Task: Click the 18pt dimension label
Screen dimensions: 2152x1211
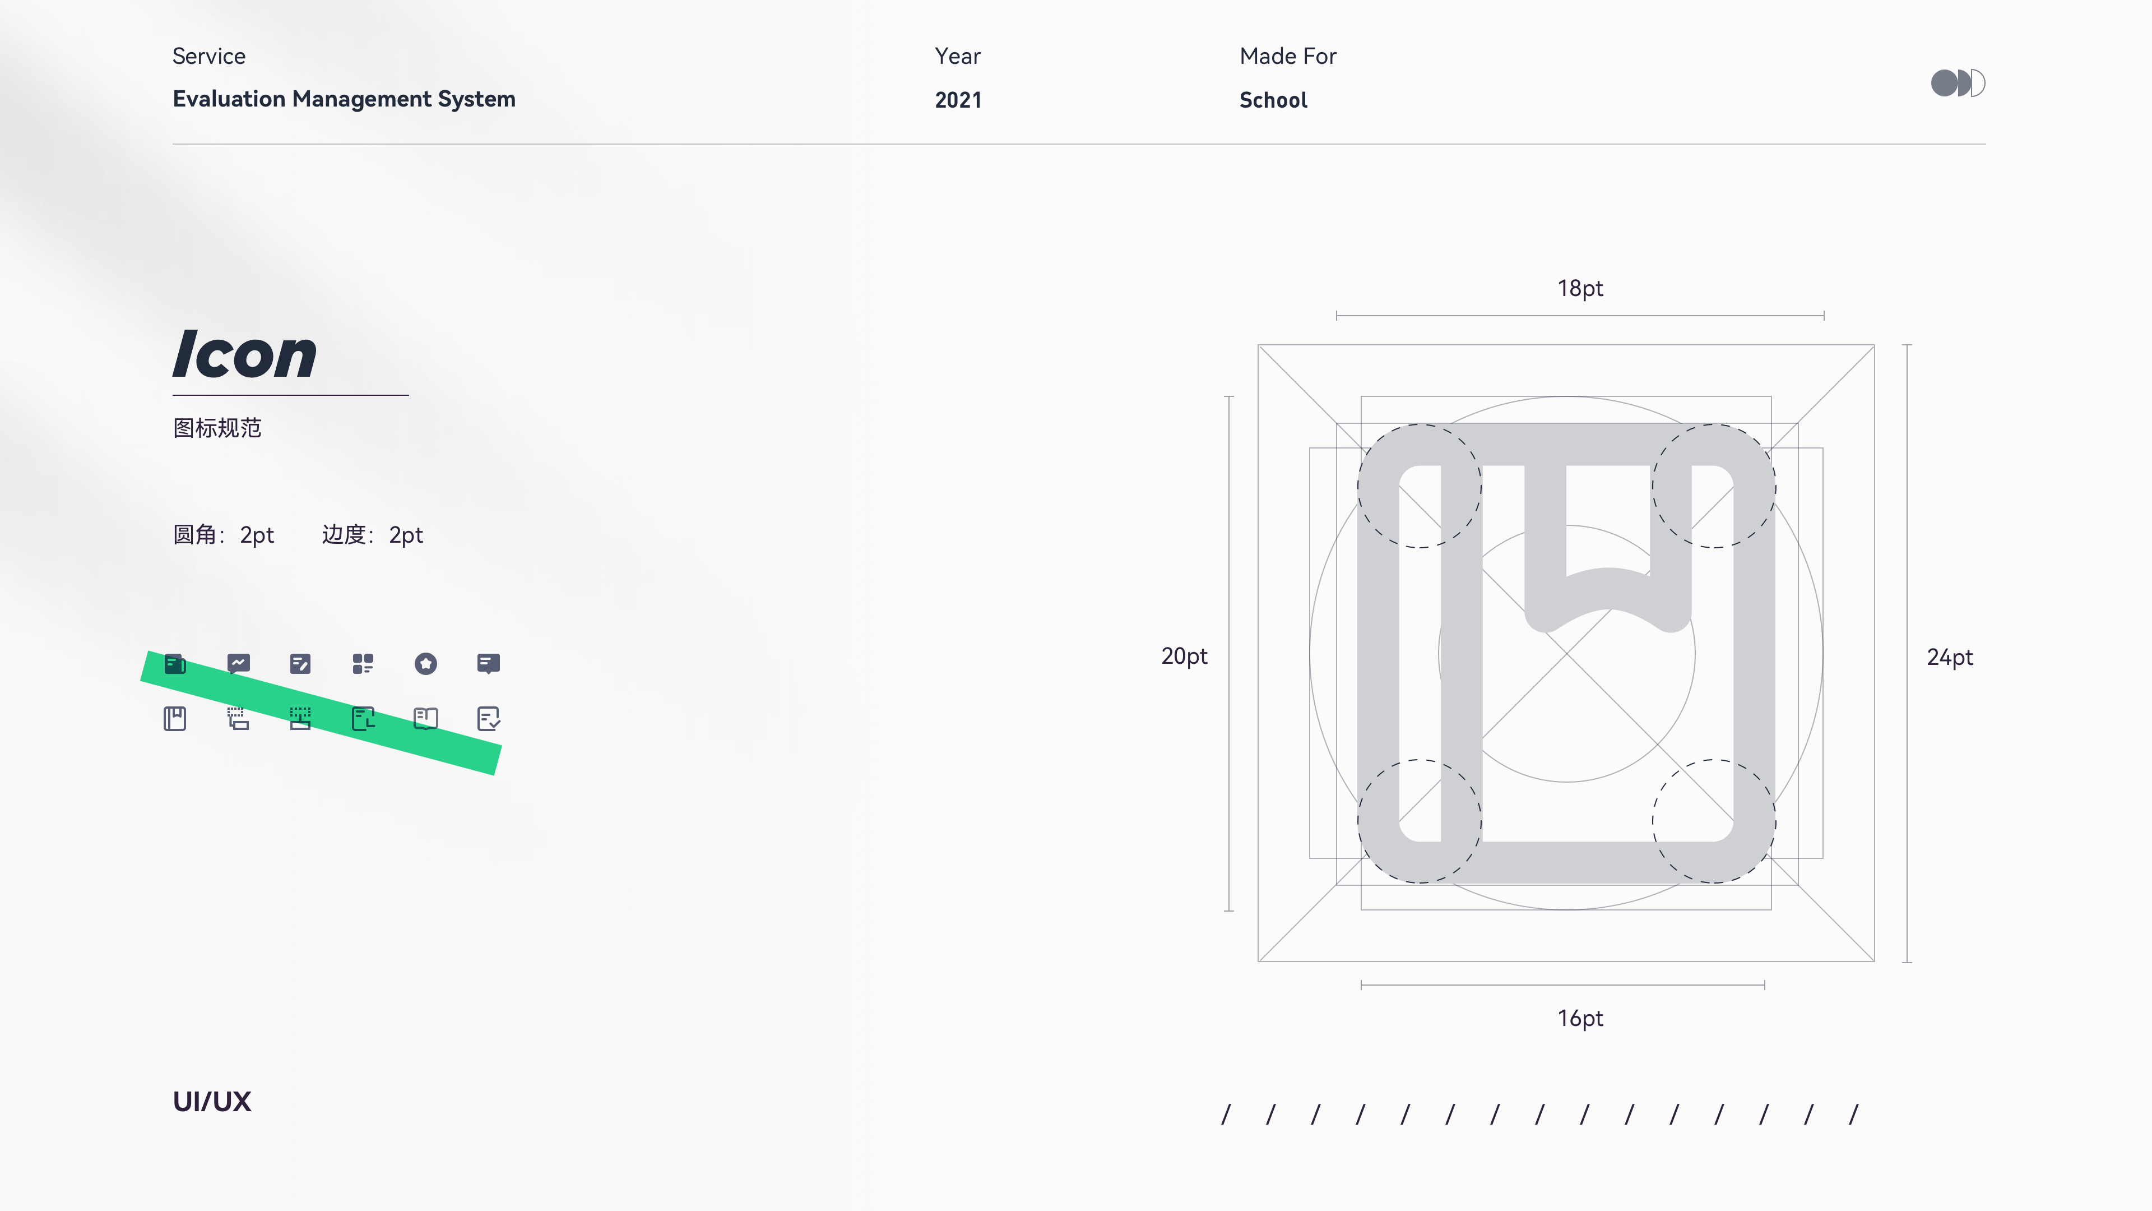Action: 1580,288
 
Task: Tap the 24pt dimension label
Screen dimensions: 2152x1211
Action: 1950,658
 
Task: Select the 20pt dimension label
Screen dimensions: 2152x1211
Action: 1184,656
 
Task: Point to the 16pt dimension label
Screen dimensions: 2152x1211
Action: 1580,1018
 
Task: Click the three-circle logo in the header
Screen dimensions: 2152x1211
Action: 1958,83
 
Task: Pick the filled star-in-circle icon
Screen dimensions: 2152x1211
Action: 426,664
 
